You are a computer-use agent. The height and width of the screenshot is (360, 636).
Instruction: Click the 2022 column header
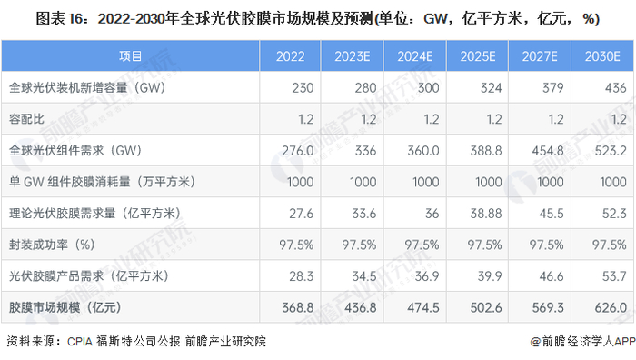[291, 56]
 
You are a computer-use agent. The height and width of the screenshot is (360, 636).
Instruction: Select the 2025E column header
[478, 56]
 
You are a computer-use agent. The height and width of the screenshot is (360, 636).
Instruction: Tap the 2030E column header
[602, 56]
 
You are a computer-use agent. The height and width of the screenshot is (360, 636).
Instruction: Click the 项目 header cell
[131, 56]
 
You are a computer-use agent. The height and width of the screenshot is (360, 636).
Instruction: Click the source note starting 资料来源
[136, 342]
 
